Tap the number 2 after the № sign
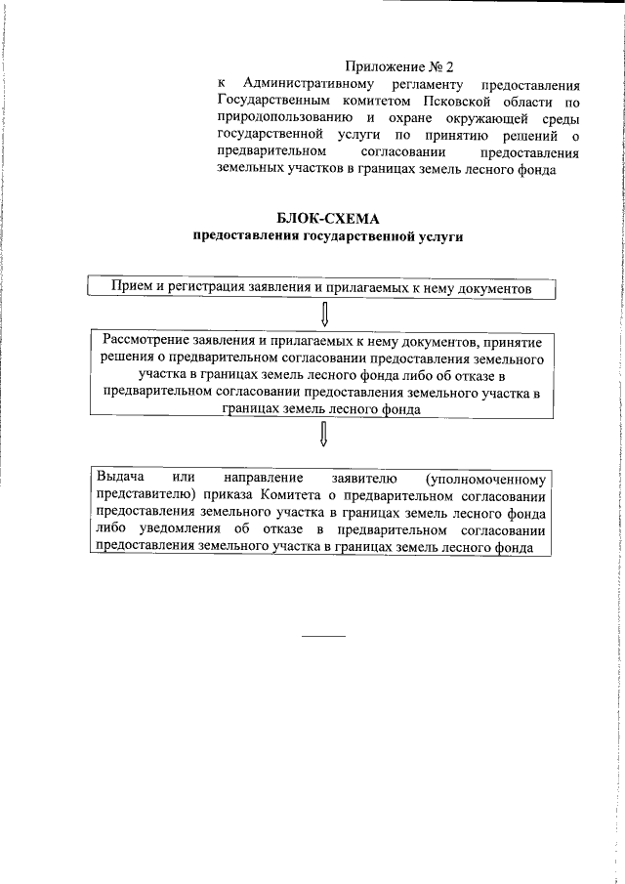[450, 67]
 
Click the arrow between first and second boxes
[323, 315]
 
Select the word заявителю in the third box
[363, 477]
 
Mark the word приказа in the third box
[233, 493]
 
